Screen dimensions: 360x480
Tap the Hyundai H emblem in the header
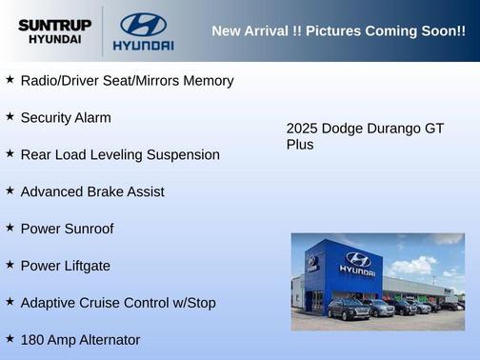[143, 24]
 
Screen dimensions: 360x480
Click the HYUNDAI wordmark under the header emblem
[143, 46]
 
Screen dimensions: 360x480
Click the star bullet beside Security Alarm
[10, 116]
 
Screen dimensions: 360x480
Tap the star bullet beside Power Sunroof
[10, 228]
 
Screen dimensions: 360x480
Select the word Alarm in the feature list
[90, 118]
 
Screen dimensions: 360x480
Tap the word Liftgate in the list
[85, 266]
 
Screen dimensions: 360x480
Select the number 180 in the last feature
[33, 340]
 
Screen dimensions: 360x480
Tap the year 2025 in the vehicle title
[302, 128]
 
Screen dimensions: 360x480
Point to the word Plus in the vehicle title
[300, 145]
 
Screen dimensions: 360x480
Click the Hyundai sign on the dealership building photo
[356, 264]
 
